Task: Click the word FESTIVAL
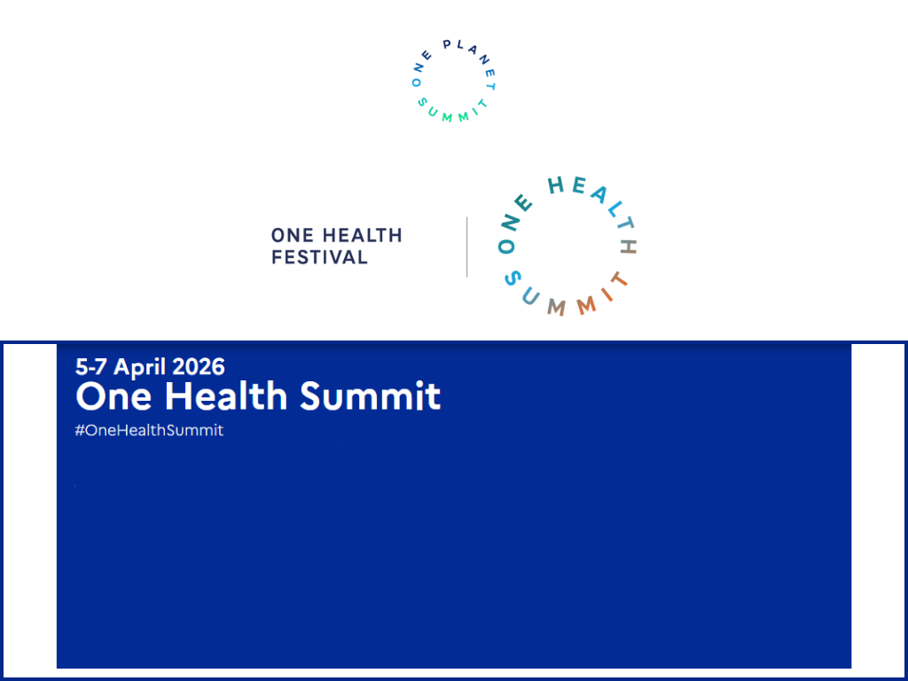pos(319,257)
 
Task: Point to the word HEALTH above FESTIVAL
pos(360,236)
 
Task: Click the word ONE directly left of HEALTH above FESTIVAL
pos(292,236)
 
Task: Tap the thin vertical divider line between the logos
pos(467,247)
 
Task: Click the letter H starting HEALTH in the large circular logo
pos(557,184)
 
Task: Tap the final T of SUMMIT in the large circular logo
pos(620,280)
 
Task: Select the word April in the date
pos(141,366)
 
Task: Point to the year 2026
pos(199,366)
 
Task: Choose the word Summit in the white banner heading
pos(370,395)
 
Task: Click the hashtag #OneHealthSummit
pos(150,430)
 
